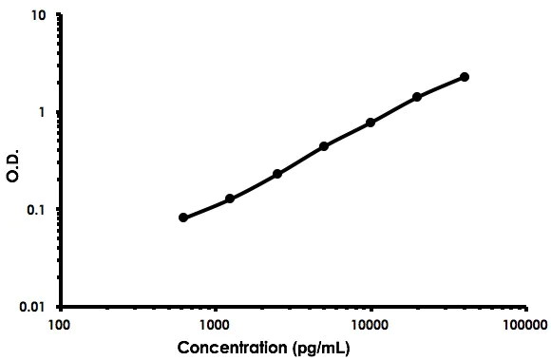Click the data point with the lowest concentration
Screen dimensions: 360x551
[x=183, y=218]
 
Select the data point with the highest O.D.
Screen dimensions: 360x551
[x=465, y=77]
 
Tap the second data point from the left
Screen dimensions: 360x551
[x=230, y=199]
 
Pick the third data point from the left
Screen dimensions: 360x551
[x=277, y=174]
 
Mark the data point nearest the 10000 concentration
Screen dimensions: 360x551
[x=370, y=123]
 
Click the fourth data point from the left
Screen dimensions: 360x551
[x=324, y=146]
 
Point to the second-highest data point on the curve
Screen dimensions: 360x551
[x=417, y=97]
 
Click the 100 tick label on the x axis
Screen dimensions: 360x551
[x=59, y=324]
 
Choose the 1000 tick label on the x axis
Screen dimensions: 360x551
[x=216, y=324]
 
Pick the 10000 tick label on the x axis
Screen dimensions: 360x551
[x=370, y=324]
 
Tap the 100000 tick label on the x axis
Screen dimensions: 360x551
[x=525, y=324]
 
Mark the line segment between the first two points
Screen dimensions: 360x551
[x=206, y=209]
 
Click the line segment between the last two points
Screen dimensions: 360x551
[x=441, y=86]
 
